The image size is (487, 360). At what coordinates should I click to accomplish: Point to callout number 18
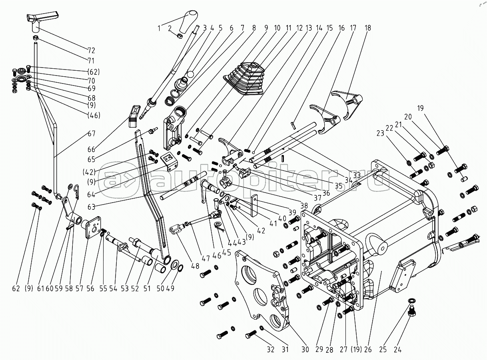[367, 28]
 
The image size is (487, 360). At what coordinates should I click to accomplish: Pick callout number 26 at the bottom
[368, 350]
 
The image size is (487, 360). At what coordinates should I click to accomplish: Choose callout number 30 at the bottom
[305, 350]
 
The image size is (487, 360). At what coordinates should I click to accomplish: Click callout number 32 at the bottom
[271, 350]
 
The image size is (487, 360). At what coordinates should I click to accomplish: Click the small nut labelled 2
[180, 36]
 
